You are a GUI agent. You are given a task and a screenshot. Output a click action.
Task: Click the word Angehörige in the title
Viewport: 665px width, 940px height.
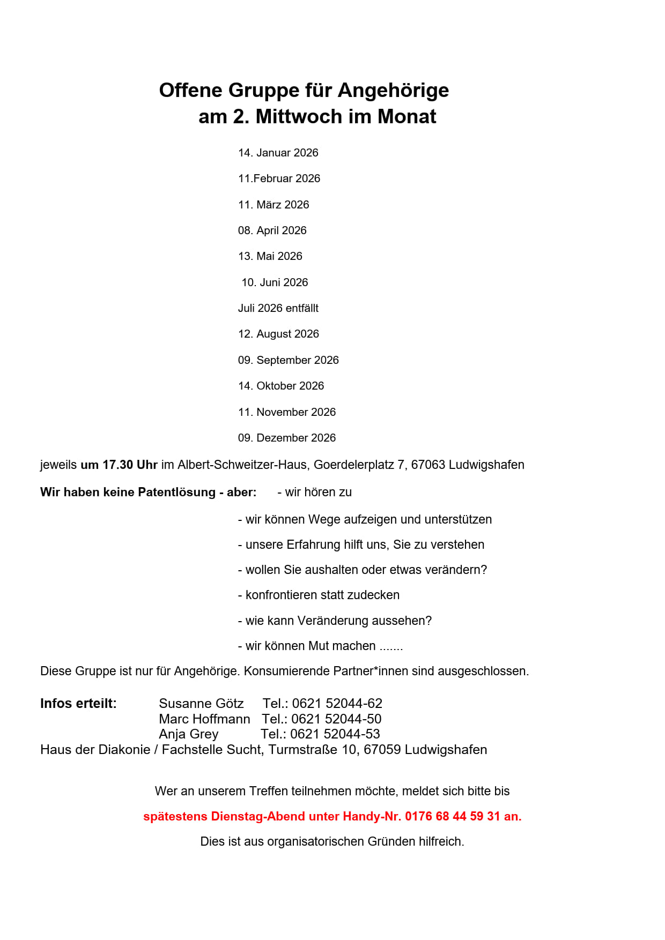[393, 90]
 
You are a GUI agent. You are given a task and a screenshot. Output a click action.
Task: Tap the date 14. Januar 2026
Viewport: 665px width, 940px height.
[278, 153]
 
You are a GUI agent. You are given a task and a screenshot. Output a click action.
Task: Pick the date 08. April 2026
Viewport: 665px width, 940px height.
[272, 230]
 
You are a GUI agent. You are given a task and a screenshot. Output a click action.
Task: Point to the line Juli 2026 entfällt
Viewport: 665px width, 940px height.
[278, 308]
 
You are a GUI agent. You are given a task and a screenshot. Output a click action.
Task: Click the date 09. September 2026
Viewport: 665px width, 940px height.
[288, 360]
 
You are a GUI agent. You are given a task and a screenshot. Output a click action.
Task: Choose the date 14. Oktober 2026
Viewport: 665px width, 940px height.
[280, 386]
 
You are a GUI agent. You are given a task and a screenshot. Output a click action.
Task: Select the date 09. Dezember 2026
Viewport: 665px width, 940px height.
[286, 438]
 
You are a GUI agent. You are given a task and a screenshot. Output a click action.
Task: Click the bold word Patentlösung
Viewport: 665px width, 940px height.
[176, 492]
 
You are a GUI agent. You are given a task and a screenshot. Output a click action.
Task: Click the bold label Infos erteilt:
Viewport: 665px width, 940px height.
[78, 703]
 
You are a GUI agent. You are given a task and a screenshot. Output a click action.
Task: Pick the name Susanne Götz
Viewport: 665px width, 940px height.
[201, 703]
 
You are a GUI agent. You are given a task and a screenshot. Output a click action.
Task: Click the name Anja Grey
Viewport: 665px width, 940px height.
[188, 734]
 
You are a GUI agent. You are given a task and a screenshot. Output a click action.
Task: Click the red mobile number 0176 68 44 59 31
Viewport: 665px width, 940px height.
[452, 816]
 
